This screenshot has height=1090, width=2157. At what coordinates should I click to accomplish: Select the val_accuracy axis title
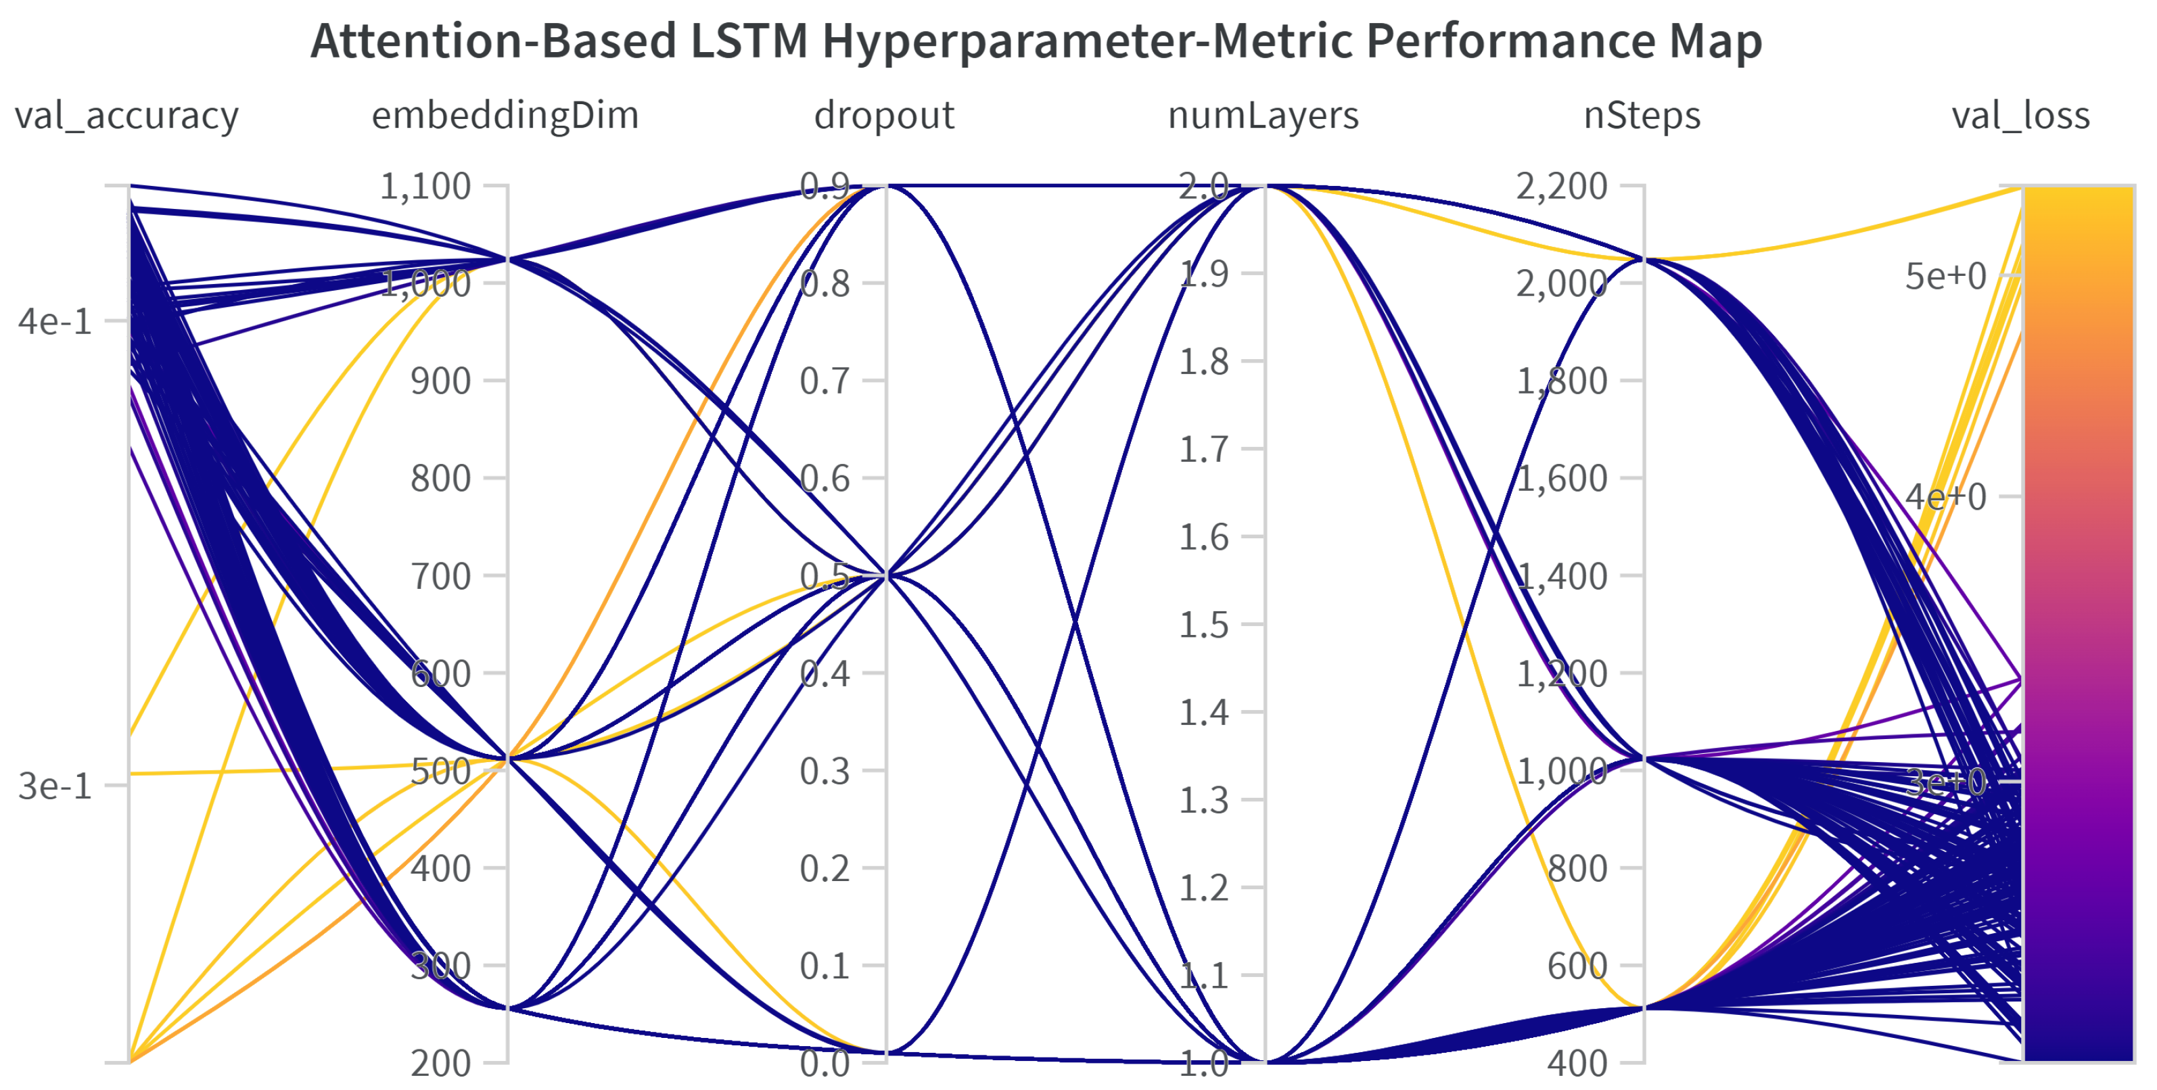(126, 115)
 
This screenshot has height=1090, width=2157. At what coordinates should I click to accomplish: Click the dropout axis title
(884, 115)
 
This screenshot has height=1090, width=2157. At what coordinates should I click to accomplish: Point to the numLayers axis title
(1263, 115)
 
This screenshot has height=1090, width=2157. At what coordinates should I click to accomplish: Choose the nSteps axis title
(1642, 115)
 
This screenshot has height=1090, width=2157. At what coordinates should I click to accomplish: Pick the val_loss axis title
(2020, 115)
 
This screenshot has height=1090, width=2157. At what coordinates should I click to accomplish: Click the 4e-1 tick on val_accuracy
(55, 321)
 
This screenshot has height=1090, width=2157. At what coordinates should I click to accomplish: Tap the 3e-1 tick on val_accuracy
(55, 786)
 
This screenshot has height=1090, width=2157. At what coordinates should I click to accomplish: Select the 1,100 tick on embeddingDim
(425, 186)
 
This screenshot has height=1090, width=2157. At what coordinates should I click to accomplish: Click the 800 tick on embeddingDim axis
(440, 479)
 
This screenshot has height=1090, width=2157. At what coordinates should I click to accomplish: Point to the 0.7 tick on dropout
(825, 381)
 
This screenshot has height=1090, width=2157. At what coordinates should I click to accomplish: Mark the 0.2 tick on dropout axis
(825, 869)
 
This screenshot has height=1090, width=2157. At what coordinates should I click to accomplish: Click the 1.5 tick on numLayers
(1204, 625)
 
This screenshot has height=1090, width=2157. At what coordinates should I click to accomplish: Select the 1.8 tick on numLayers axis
(1204, 362)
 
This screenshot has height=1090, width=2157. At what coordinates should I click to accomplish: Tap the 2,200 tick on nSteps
(1562, 186)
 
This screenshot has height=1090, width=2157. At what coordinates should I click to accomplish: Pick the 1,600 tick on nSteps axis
(1562, 479)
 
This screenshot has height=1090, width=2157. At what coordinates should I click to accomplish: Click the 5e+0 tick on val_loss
(1945, 277)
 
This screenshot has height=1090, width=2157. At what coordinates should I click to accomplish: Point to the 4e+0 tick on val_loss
(1945, 497)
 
